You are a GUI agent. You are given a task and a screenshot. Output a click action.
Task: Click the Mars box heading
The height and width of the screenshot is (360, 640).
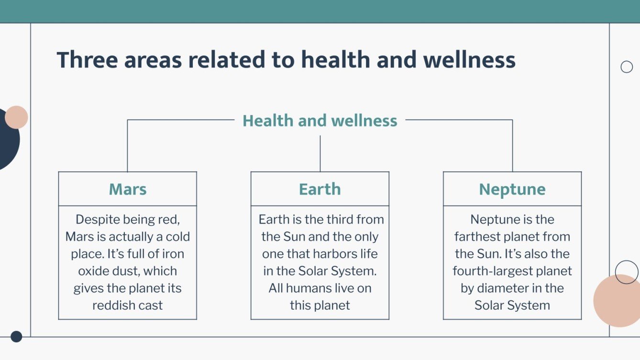(128, 189)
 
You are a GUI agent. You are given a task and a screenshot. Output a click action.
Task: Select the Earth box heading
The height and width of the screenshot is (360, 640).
(320, 189)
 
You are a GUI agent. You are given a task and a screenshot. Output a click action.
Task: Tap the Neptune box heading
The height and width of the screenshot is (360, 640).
(512, 189)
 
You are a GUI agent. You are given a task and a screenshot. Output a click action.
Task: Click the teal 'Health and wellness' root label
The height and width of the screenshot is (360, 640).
(320, 120)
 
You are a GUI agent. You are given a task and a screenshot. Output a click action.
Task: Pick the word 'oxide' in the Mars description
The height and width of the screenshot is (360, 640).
(94, 271)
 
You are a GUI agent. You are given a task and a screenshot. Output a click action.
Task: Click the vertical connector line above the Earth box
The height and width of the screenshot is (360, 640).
(320, 153)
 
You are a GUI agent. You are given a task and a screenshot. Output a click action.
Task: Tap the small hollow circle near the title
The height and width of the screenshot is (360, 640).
(627, 67)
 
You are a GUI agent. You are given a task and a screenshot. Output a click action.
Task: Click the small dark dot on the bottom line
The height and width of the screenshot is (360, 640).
(16, 337)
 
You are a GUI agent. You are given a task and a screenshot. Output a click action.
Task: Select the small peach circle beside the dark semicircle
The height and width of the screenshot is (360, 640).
(17, 117)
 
